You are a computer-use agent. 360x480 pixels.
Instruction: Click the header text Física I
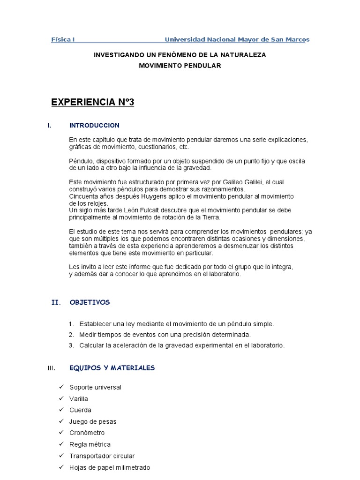[63, 40]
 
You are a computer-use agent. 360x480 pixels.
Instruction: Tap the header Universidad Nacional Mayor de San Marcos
[237, 40]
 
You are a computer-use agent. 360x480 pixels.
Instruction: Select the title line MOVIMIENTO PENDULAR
[180, 66]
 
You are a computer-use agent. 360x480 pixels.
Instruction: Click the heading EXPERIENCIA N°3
[92, 102]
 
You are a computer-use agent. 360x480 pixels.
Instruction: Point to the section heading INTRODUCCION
[94, 126]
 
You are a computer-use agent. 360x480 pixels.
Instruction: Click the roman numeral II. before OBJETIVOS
[56, 302]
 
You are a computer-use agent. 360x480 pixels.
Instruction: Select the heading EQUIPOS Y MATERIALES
[112, 368]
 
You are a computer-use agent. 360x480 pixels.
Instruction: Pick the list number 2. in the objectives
[71, 335]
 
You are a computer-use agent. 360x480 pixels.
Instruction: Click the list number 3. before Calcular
[71, 345]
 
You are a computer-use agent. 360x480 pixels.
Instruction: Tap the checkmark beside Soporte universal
[61, 387]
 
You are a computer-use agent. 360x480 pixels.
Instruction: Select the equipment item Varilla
[79, 399]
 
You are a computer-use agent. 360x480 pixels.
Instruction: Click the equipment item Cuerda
[80, 410]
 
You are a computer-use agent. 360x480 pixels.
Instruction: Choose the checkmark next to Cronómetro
[61, 433]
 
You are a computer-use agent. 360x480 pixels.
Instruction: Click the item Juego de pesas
[93, 421]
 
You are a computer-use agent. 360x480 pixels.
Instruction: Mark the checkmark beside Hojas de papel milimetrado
[61, 467]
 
